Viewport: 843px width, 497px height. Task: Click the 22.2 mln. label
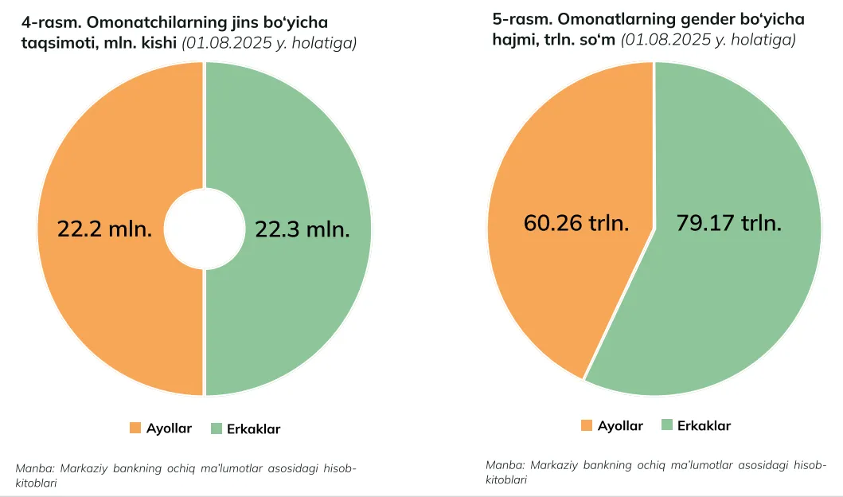click(104, 229)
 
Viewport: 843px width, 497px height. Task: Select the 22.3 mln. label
click(302, 229)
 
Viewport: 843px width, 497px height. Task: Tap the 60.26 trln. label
click(576, 223)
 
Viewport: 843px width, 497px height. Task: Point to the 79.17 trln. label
click(728, 223)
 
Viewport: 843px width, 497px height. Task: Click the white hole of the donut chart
click(205, 229)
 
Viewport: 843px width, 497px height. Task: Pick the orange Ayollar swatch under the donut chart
click(135, 429)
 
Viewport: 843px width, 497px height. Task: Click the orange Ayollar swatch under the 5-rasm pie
click(587, 425)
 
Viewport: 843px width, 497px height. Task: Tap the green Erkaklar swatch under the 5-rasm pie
click(667, 425)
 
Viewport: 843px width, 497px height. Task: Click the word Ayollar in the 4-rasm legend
click(169, 429)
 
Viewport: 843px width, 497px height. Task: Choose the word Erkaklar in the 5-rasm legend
click(704, 425)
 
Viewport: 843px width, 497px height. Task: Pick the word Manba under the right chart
click(502, 464)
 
